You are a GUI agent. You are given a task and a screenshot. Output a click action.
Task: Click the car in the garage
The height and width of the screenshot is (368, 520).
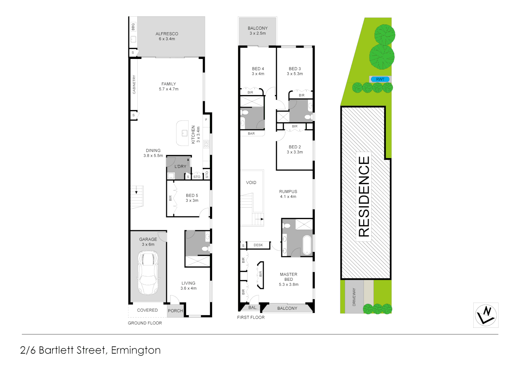pos(148,273)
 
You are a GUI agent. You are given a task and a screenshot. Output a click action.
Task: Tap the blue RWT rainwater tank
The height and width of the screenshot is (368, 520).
pos(380,79)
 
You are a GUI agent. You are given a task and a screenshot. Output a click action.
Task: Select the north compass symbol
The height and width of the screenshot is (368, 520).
pos(486,315)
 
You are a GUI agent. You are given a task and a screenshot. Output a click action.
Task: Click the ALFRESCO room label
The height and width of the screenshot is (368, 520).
pos(167,34)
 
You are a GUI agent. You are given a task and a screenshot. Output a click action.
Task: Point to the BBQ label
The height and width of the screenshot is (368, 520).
pos(133,27)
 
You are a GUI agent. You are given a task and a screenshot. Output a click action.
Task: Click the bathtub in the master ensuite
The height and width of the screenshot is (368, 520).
pos(307,245)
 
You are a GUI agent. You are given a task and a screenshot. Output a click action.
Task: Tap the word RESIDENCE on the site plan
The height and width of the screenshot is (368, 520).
pos(364,197)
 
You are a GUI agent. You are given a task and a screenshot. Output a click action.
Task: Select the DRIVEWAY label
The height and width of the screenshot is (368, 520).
pos(354,297)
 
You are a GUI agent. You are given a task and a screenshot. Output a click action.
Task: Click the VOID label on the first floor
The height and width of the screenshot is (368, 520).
pos(251,183)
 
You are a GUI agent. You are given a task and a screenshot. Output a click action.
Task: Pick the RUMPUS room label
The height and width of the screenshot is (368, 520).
pos(288,191)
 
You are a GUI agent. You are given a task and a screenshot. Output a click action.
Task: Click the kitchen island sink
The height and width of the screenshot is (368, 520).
pos(184,133)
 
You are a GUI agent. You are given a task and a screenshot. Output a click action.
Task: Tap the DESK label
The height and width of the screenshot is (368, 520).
pos(258,245)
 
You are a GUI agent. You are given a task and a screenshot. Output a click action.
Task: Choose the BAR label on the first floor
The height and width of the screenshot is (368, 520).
pos(251,134)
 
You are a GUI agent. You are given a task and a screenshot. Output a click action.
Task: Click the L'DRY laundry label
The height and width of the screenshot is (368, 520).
pos(180,167)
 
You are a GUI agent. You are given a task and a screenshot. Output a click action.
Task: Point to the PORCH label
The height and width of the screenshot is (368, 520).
pos(175,311)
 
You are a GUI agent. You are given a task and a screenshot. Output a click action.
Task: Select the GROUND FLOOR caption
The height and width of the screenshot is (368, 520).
pos(145,323)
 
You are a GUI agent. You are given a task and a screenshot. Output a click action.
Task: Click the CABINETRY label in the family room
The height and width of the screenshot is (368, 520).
pos(134,85)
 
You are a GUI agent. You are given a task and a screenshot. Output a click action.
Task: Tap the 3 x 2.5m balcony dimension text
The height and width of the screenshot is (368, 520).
pos(258,33)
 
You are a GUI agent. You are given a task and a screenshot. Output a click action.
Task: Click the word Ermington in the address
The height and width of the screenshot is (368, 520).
pos(136,350)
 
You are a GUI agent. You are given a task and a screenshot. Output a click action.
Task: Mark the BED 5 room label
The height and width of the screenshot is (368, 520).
pos(192,196)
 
